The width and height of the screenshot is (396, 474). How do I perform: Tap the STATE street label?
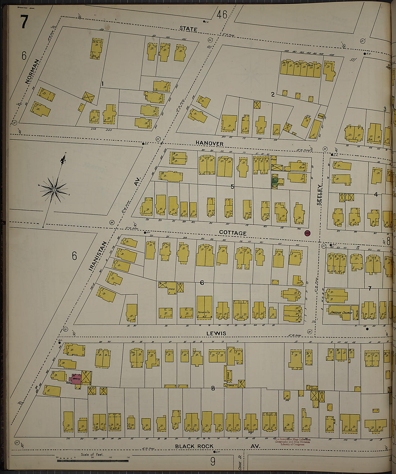click(x=188, y=29)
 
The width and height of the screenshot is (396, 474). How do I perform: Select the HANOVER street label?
click(x=210, y=143)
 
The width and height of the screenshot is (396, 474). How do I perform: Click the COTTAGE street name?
click(x=233, y=233)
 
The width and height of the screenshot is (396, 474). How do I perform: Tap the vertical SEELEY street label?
click(x=319, y=195)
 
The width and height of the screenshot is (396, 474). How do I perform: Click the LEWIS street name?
click(x=216, y=333)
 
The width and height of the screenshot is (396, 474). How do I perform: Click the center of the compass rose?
click(x=54, y=190)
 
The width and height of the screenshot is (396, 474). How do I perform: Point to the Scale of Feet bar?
click(x=92, y=460)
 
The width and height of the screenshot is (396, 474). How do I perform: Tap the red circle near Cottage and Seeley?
click(x=307, y=233)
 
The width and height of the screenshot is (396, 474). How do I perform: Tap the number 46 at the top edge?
click(x=222, y=14)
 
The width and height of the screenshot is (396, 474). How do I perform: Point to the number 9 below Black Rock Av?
click(x=213, y=461)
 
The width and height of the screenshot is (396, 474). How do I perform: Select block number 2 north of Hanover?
click(x=273, y=94)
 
